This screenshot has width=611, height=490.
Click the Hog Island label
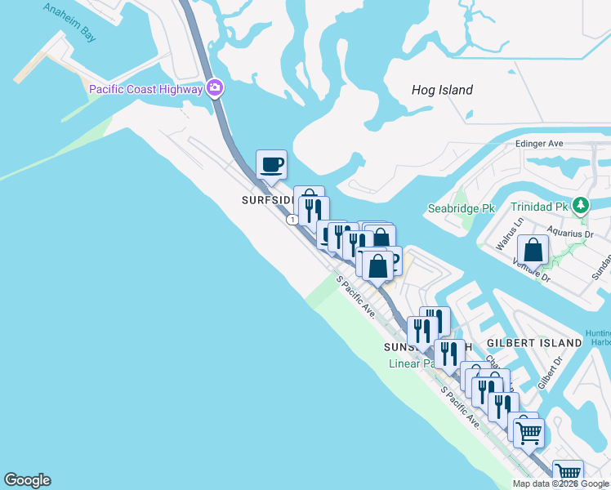pyautogui.click(x=443, y=90)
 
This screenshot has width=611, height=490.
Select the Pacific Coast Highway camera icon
pyautogui.click(x=215, y=87)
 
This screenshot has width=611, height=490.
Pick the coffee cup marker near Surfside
pyautogui.click(x=271, y=165)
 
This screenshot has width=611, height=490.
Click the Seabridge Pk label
pyautogui.click(x=462, y=208)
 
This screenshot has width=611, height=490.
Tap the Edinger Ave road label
pyautogui.click(x=539, y=144)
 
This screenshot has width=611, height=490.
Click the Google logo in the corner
pyautogui.click(x=27, y=480)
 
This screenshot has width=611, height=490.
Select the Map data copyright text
pyautogui.click(x=561, y=483)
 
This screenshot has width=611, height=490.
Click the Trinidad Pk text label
pyautogui.click(x=541, y=207)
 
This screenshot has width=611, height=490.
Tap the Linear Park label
pyautogui.click(x=415, y=363)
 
